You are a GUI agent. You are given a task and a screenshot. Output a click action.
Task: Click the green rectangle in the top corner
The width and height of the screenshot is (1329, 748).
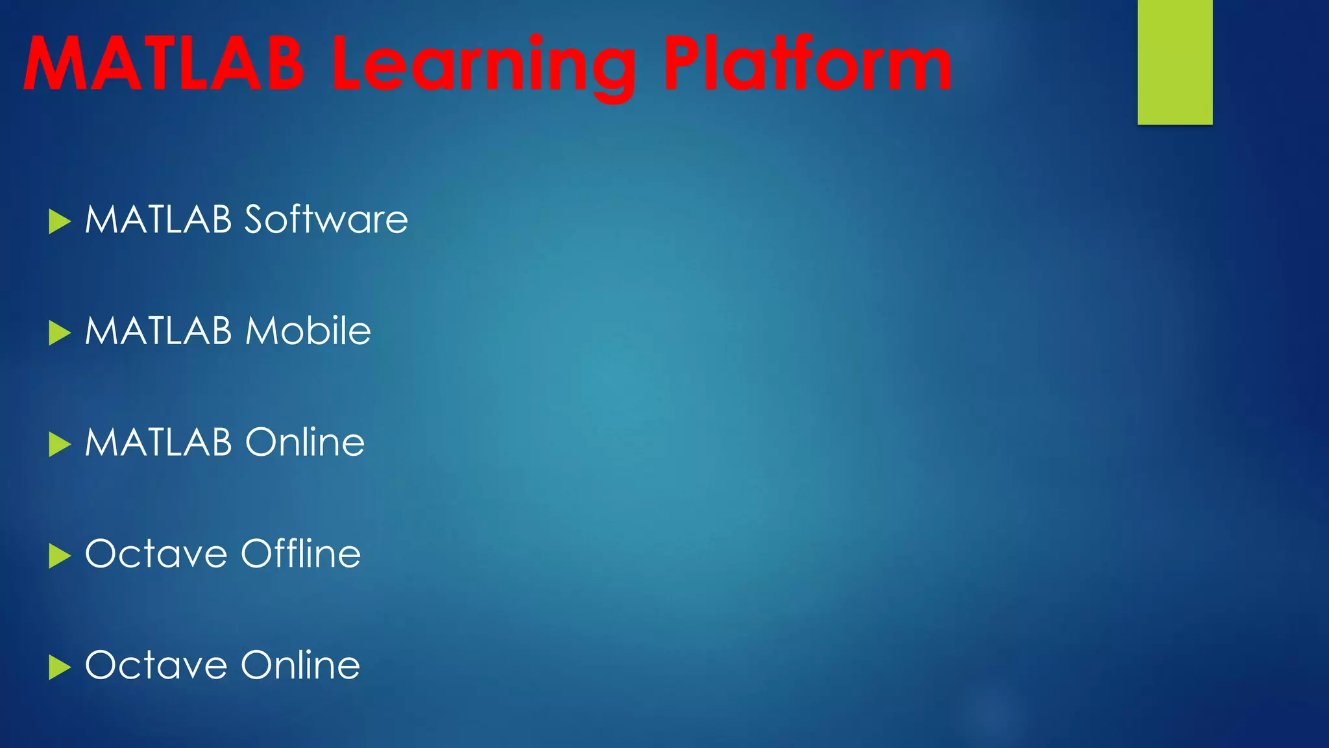point(1175,62)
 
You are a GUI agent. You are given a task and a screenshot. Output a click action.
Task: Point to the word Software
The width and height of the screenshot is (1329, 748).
point(326,219)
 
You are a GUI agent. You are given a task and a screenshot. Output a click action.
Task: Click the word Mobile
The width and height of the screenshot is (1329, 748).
point(308,331)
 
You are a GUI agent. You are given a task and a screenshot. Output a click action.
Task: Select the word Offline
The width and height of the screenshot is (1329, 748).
point(300,554)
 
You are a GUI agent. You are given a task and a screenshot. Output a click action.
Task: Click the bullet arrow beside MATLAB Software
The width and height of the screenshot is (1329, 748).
point(59,221)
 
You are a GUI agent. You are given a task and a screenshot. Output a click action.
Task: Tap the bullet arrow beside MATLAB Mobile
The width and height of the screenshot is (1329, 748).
point(59,333)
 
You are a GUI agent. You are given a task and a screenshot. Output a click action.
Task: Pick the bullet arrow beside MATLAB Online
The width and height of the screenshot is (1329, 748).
point(59,445)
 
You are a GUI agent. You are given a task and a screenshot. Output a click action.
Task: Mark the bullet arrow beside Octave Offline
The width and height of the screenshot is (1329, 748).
point(59,556)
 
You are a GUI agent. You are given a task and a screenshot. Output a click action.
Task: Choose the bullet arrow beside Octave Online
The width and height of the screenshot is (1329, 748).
point(59,667)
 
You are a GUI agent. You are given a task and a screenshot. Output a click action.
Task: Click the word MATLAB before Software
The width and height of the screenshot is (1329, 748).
point(158,219)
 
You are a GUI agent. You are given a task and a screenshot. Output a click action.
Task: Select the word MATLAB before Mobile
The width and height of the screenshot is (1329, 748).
point(158,331)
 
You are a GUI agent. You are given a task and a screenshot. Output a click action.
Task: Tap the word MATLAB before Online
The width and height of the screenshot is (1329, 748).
point(158,443)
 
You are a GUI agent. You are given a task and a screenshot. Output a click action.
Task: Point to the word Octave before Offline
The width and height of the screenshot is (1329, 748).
point(156,555)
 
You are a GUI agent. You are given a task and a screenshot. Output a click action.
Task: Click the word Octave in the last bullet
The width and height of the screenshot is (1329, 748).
point(156,666)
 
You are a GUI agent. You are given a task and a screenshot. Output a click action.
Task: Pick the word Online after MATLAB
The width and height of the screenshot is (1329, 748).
point(304,443)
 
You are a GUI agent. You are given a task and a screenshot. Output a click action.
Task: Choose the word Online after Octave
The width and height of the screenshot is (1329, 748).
point(300,666)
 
